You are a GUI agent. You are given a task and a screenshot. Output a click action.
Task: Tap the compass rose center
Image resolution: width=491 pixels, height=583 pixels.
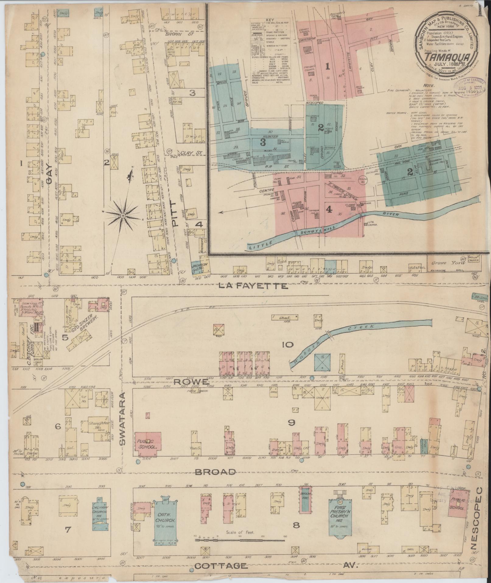coord(123,215)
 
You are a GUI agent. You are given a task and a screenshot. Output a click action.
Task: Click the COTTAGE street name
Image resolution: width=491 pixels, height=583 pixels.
coord(221,566)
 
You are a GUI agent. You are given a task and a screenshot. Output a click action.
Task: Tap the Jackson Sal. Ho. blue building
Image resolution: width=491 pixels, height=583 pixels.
coord(200,268)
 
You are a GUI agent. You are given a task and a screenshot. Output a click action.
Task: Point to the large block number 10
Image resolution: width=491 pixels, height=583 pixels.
coord(287,345)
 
